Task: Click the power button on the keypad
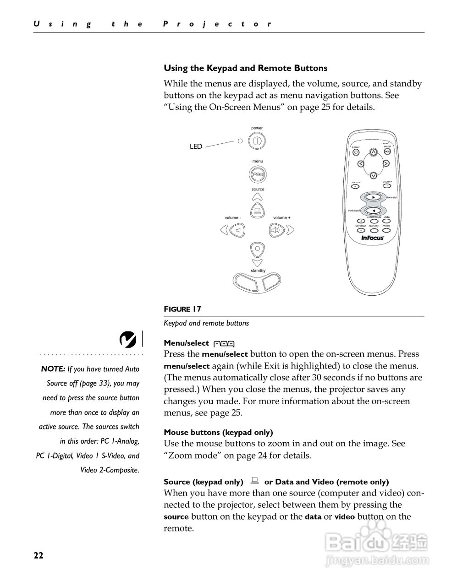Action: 257,141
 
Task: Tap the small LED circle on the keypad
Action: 240,141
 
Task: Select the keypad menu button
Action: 258,174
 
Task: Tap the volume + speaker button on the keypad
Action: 276,230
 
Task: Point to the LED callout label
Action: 196,146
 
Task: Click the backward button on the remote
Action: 374,211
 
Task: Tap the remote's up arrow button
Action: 374,152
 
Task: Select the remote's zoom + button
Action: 387,186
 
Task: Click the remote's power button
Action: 356,152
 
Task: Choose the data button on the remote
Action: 387,221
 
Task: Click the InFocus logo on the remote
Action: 372,238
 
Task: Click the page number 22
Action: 38,556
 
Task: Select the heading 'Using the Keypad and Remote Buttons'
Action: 246,68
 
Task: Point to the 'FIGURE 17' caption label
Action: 182,309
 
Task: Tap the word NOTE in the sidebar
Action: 53,369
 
